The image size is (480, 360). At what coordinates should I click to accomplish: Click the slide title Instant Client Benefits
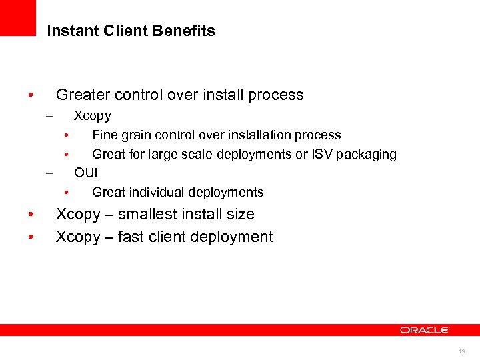(131, 31)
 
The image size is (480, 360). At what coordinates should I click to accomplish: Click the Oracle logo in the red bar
(425, 330)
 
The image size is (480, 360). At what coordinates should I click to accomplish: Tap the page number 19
(462, 351)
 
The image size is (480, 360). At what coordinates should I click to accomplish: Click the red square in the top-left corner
(17, 17)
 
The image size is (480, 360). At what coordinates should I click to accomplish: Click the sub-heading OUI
(86, 173)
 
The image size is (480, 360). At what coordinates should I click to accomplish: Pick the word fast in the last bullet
(131, 237)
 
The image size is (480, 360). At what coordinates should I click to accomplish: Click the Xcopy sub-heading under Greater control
(93, 116)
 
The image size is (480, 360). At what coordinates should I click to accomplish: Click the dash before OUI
(49, 173)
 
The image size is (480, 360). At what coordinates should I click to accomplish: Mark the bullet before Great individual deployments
(67, 193)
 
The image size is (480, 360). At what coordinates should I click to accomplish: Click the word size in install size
(240, 214)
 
